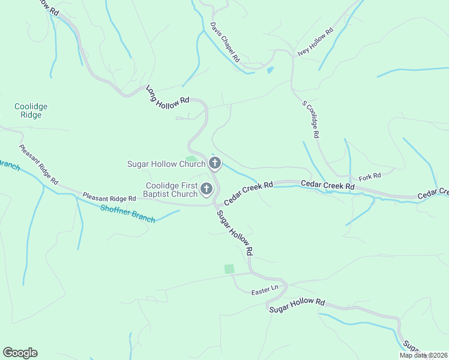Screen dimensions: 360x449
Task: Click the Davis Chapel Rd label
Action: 225,43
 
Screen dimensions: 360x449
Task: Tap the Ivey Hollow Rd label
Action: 316,42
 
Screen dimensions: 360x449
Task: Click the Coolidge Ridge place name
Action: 31,110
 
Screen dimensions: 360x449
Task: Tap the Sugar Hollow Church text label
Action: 166,164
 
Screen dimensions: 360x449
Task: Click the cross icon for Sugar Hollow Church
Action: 215,163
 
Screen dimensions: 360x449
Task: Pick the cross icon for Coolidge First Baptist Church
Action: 206,190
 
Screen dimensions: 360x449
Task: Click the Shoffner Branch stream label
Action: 128,212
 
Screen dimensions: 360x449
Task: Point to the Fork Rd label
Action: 370,176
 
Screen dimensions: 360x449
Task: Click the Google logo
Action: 20,353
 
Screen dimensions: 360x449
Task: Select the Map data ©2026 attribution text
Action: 423,355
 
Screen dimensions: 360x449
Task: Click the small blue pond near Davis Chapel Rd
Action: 270,70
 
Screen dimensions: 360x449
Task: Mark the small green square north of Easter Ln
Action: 229,269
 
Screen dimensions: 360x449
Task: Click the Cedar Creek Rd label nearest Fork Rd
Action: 328,185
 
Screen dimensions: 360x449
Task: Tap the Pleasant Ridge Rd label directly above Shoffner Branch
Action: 109,197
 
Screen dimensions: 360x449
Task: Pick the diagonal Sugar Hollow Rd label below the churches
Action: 235,233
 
